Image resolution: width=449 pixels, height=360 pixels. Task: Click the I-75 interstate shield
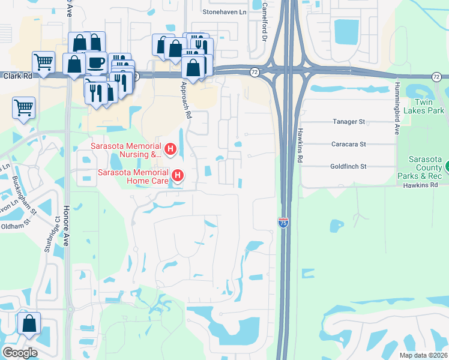click(x=283, y=222)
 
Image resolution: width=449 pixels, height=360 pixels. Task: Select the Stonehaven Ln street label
click(x=224, y=12)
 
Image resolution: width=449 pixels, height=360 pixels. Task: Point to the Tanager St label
click(x=349, y=122)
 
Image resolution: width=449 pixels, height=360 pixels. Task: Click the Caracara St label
click(x=348, y=144)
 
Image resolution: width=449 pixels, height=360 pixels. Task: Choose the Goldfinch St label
click(x=348, y=166)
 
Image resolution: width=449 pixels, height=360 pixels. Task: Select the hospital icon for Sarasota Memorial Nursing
click(x=170, y=148)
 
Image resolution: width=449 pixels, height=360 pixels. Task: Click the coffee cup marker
click(x=96, y=62)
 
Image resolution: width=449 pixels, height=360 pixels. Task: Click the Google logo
click(x=20, y=353)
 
